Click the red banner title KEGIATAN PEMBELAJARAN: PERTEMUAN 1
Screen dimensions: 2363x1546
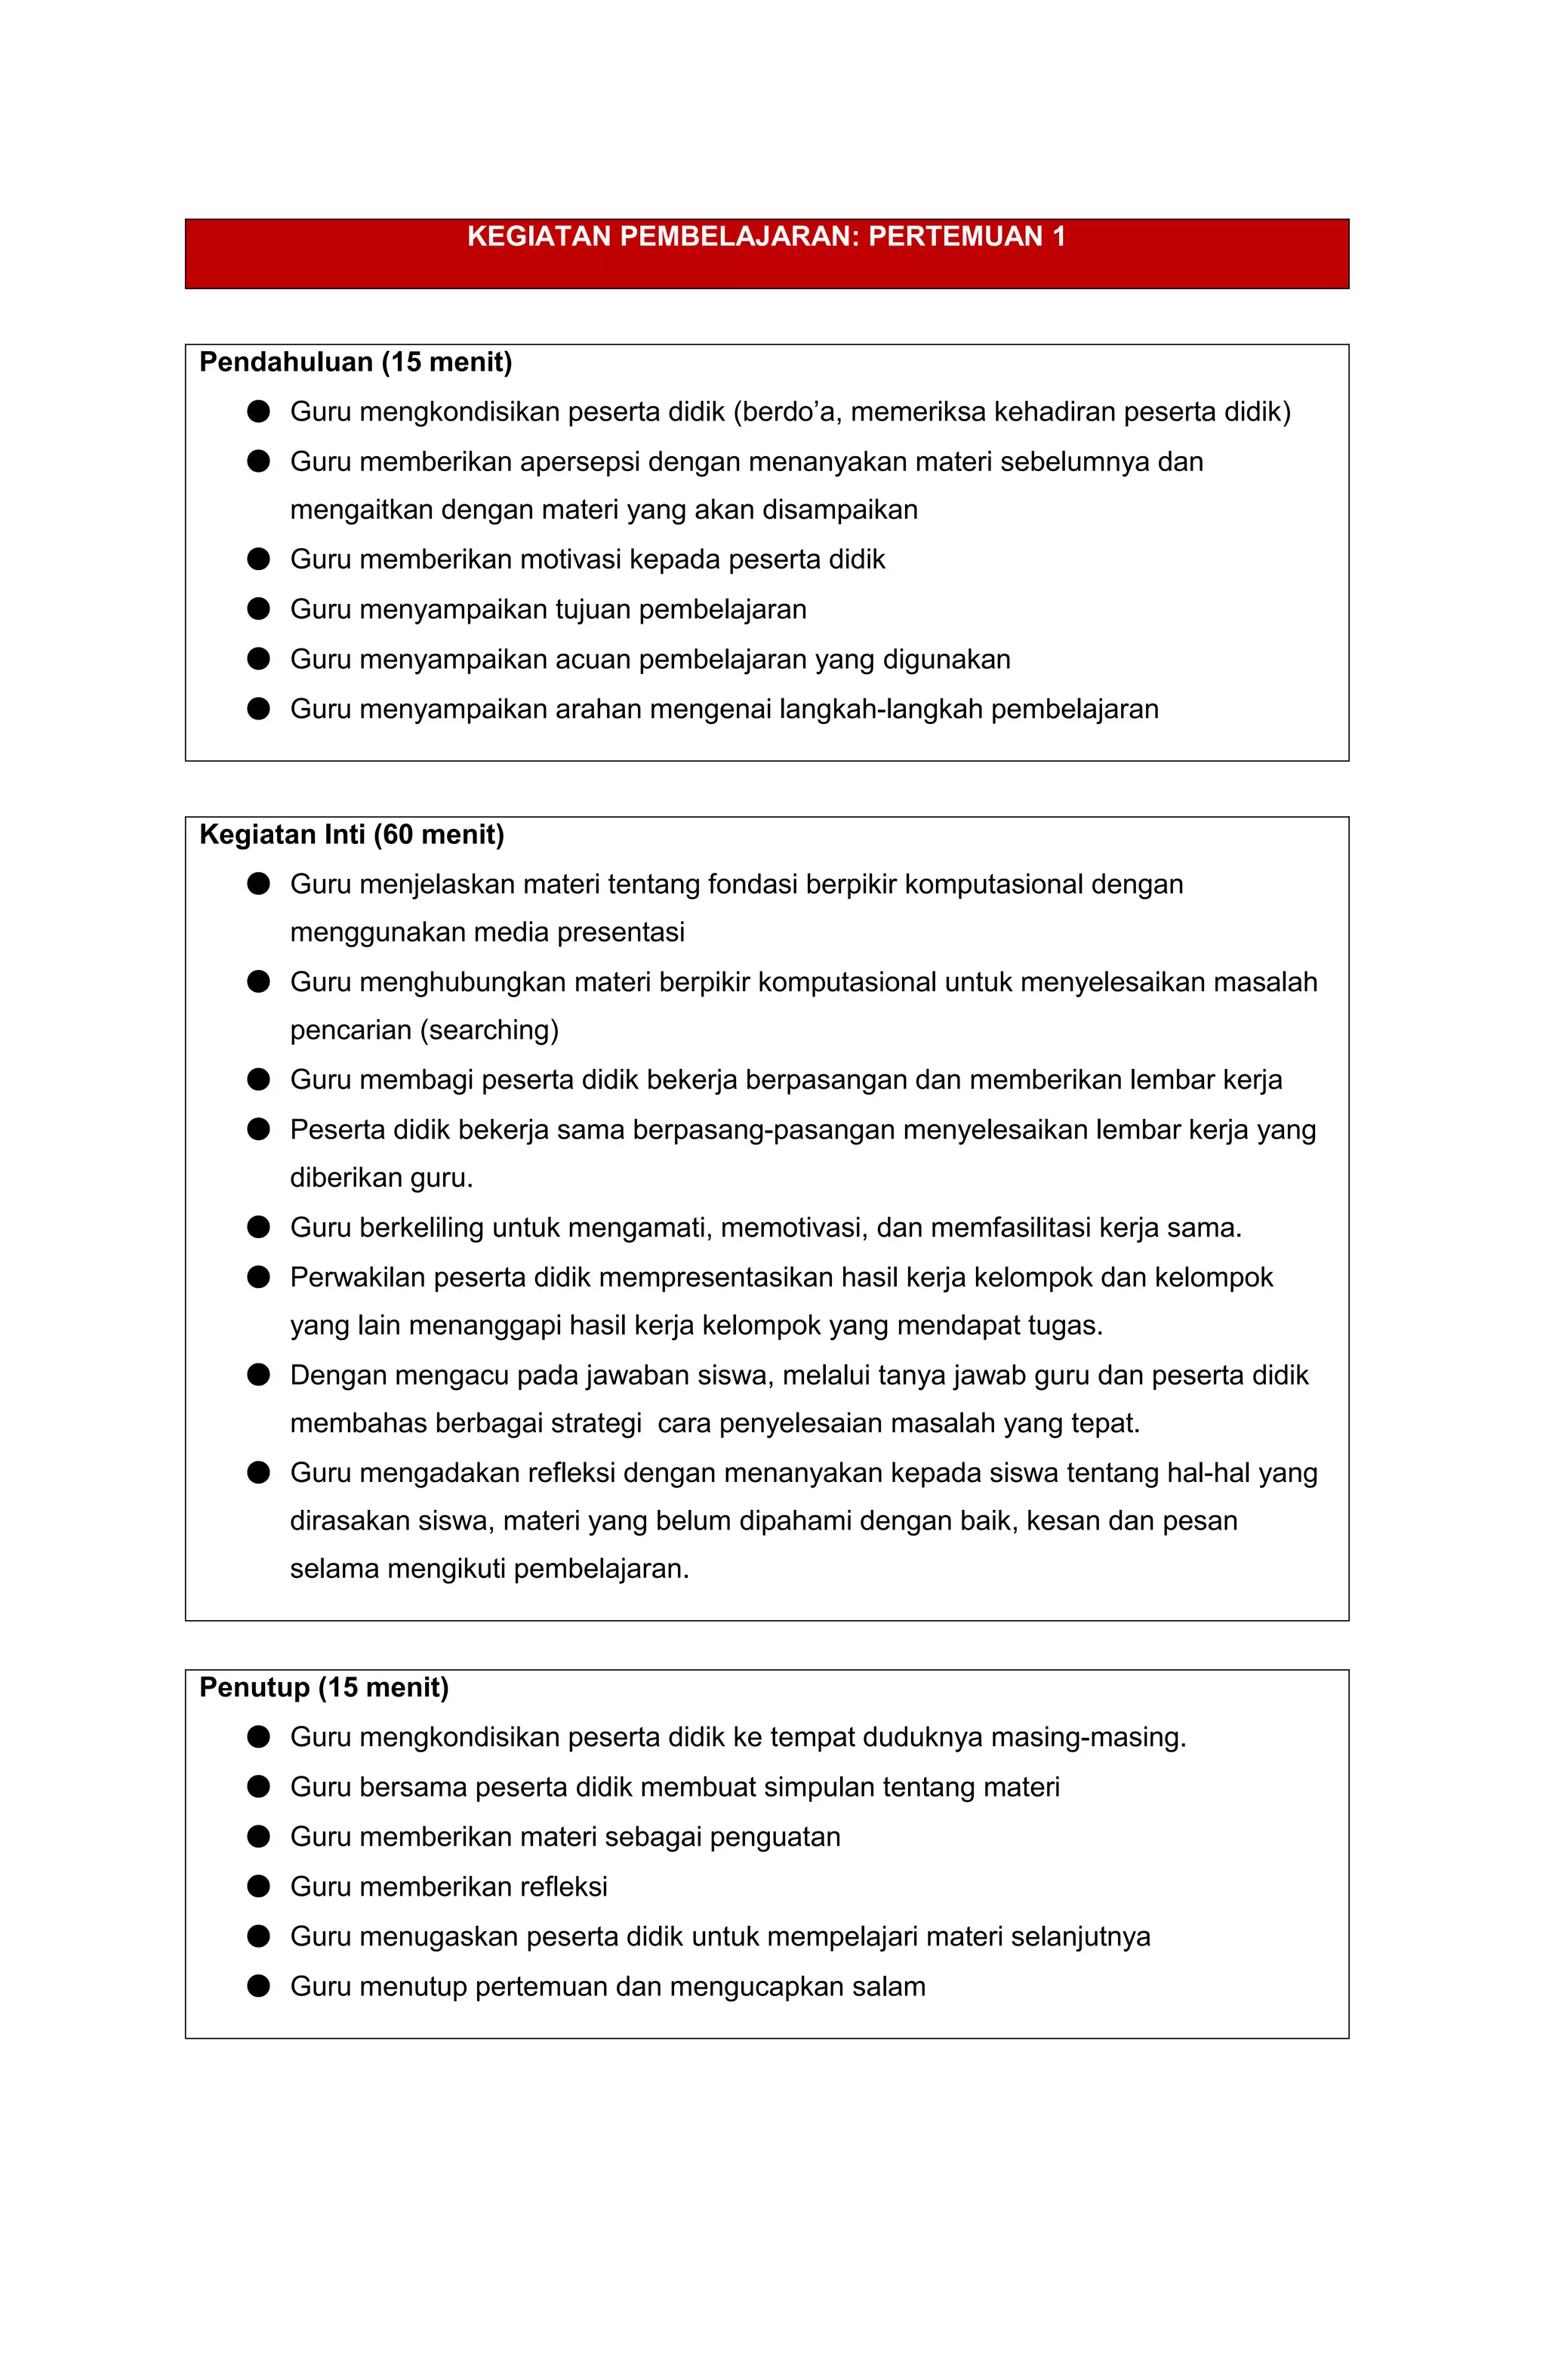765,236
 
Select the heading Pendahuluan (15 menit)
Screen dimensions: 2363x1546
356,362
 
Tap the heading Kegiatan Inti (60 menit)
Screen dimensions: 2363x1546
352,835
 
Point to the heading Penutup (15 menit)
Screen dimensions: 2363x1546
324,1688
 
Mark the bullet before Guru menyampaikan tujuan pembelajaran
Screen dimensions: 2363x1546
258,608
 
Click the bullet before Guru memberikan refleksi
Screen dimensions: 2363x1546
258,1887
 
